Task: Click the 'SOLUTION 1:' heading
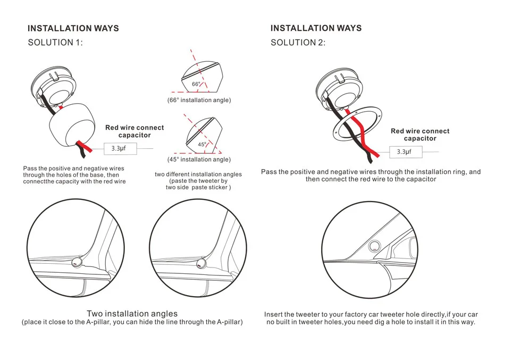pos(55,43)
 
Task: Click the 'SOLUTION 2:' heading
pos(298,43)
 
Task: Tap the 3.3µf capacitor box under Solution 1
pos(121,148)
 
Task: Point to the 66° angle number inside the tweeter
pos(196,84)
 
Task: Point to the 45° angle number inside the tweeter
pos(202,144)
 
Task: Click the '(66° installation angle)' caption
pos(199,100)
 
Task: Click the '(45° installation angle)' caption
pos(199,160)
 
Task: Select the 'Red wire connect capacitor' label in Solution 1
pos(134,131)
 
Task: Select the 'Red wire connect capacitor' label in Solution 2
pos(420,135)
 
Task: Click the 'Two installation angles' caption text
pos(132,314)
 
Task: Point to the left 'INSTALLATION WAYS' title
pos(73,28)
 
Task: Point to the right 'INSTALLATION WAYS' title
pos(316,28)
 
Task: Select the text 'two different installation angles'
pos(198,174)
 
